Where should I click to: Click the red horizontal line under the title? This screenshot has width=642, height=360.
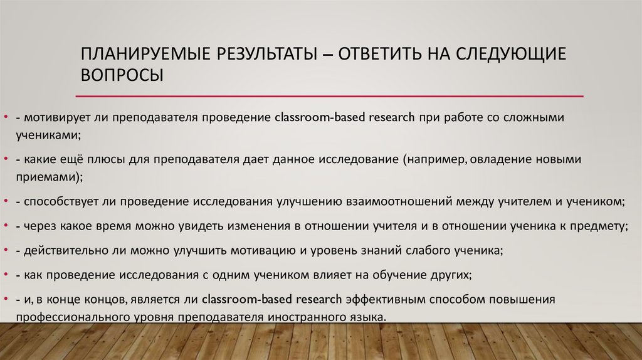(329, 97)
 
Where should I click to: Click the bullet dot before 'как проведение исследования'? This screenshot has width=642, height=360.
(5, 275)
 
